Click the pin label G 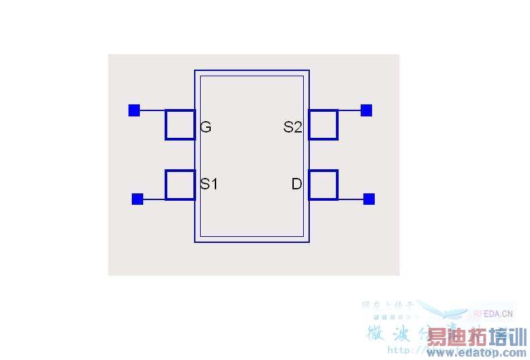click(x=205, y=126)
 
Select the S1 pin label click(x=209, y=183)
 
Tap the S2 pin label click(x=292, y=126)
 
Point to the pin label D click(x=296, y=183)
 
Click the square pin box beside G click(x=180, y=124)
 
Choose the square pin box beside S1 click(x=180, y=185)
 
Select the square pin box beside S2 click(x=323, y=124)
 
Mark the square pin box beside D click(x=323, y=185)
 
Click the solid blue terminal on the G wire click(x=134, y=110)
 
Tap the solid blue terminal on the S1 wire click(x=137, y=199)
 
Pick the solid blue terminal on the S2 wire click(x=366, y=110)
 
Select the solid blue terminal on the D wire click(x=369, y=199)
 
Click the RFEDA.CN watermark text click(x=493, y=312)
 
